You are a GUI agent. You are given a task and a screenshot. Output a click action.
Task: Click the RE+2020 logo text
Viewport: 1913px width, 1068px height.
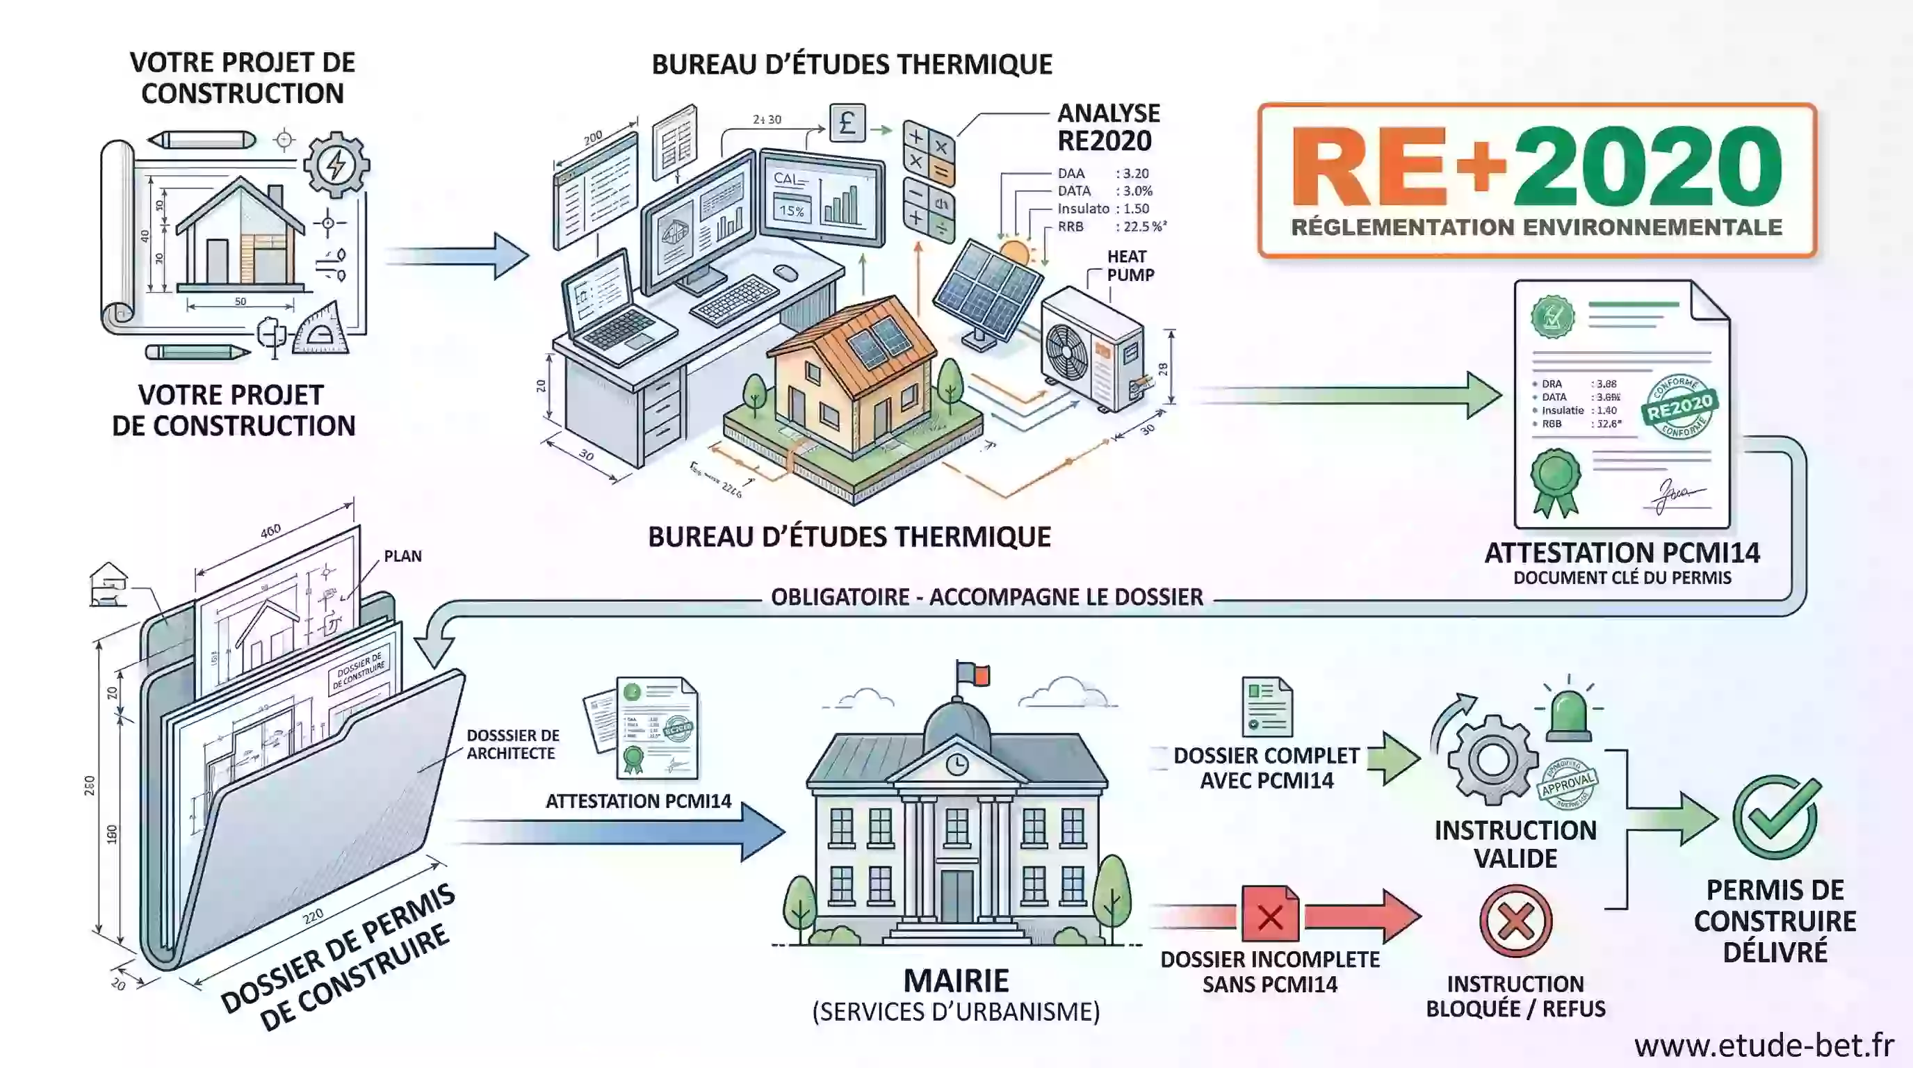click(1536, 166)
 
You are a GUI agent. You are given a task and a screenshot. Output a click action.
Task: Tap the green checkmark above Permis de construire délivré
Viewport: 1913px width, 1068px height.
click(1775, 818)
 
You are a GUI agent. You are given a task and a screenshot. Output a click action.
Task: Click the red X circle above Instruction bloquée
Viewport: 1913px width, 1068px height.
click(1515, 921)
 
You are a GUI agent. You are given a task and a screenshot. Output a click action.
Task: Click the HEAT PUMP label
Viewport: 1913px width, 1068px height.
click(1130, 266)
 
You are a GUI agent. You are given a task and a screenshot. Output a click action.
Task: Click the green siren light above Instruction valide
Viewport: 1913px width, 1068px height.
click(1568, 716)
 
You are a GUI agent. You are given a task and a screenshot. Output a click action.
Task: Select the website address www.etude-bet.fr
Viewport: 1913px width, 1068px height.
click(1764, 1046)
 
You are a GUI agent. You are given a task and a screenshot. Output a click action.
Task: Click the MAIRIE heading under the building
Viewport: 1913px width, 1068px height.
click(956, 981)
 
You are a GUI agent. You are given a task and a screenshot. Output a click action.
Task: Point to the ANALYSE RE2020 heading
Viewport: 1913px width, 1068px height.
click(1107, 127)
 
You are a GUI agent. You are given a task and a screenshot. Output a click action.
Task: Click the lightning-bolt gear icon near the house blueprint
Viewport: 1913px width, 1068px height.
click(336, 165)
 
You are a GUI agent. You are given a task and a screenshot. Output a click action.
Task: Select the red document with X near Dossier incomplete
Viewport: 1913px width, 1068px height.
click(1270, 914)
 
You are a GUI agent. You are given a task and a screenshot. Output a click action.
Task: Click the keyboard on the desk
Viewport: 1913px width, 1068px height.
click(735, 299)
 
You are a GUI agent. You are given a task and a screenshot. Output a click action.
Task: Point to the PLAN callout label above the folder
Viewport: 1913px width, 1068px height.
click(402, 556)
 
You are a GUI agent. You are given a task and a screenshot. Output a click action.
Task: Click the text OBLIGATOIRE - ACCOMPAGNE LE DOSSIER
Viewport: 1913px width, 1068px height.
click(986, 597)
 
